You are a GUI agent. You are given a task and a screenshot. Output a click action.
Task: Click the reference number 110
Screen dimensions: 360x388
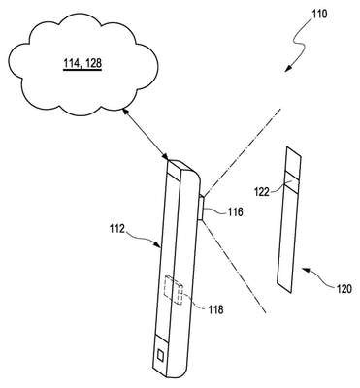319,14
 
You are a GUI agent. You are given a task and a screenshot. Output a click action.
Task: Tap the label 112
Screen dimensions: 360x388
116,229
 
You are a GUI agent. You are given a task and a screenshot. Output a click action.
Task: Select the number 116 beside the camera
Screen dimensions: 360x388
234,212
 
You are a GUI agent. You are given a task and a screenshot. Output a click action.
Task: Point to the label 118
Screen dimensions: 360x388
215,309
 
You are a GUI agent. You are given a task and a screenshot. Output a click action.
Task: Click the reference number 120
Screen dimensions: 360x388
343,289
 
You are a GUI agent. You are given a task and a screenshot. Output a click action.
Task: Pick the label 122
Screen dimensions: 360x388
261,192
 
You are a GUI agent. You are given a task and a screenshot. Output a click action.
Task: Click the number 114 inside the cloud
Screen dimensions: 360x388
71,64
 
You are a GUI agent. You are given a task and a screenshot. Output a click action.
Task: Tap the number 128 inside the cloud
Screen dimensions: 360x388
93,64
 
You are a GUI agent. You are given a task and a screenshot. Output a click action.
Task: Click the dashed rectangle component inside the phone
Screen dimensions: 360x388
174,291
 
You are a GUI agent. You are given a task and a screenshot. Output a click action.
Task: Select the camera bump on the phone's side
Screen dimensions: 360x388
201,207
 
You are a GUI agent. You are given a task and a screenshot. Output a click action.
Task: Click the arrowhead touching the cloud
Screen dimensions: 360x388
123,112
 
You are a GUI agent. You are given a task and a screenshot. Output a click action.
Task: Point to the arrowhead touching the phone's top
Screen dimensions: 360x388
165,156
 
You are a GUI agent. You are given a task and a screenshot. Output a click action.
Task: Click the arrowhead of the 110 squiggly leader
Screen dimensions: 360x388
288,68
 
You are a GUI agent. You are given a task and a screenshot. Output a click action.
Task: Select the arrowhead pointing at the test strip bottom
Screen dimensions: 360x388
304,269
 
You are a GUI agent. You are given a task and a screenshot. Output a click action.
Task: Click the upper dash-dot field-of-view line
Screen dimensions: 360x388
241,152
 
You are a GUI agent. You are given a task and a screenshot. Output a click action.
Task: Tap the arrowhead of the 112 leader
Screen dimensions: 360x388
158,246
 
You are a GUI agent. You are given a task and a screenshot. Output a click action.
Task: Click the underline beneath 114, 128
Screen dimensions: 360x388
82,70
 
